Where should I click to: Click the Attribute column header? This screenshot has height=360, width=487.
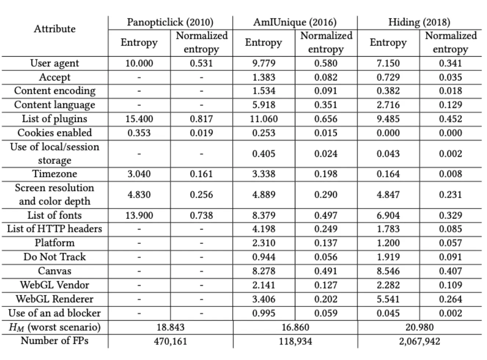tap(55, 29)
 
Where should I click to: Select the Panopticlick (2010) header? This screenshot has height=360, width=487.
tap(170, 22)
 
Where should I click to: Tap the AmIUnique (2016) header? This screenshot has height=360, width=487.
tap(295, 22)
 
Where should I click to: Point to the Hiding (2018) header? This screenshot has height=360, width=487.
tap(419, 22)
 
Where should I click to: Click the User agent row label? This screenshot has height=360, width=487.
tap(55, 63)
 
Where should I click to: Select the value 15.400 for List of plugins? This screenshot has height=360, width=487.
tap(139, 119)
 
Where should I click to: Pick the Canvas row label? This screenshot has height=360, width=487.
tap(55, 271)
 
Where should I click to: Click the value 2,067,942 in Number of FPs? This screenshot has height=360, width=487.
tap(419, 341)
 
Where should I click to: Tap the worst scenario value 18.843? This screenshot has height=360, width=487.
tap(170, 327)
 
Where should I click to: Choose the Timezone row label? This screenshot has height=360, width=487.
tap(55, 174)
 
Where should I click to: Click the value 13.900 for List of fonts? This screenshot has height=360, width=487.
tap(139, 215)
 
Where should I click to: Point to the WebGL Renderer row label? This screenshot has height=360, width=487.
tap(55, 299)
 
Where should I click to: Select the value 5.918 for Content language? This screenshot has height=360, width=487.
tap(264, 105)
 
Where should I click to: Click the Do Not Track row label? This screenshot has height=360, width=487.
tap(55, 257)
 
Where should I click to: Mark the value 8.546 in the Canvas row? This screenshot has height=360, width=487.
tap(388, 271)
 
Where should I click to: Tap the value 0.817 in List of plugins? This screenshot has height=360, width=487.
tap(201, 119)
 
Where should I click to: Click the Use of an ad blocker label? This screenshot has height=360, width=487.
tap(55, 313)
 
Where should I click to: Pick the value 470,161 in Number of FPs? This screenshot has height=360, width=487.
tap(170, 341)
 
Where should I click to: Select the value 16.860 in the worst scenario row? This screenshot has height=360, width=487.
tap(295, 327)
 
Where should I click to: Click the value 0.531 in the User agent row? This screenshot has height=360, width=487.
tap(201, 63)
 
